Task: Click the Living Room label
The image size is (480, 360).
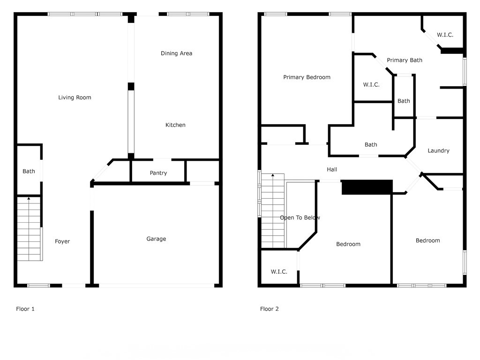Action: click(75, 97)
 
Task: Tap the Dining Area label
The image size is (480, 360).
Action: click(176, 53)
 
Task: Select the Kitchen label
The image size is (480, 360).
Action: click(175, 125)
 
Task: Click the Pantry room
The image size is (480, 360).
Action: click(158, 173)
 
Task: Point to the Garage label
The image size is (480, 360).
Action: click(156, 239)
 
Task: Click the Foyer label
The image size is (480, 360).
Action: click(62, 241)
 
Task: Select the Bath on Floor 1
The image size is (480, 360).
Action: click(29, 172)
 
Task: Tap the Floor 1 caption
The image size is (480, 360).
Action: click(25, 309)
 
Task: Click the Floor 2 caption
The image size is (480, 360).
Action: click(270, 309)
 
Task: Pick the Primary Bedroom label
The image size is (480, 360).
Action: click(307, 77)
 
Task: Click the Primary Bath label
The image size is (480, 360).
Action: click(405, 60)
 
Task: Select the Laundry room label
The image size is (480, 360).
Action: click(439, 150)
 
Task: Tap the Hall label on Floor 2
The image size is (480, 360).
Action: click(332, 170)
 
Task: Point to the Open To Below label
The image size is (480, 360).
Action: click(300, 217)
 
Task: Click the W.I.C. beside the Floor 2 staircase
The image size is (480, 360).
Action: click(279, 272)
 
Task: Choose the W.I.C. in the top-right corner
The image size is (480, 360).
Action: click(445, 35)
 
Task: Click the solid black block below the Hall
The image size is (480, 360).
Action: click(367, 187)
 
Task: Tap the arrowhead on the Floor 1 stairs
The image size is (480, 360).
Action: click(29, 199)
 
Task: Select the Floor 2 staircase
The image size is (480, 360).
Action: click(273, 211)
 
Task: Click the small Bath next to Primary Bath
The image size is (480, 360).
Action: click(404, 101)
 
